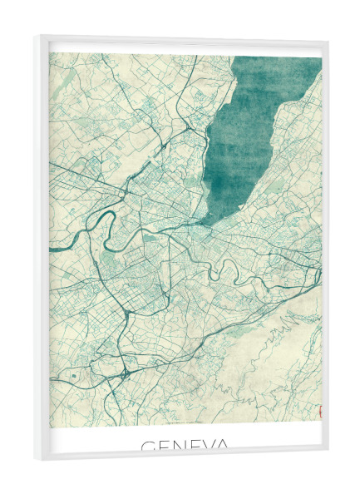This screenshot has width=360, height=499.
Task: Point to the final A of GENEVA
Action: (222, 447)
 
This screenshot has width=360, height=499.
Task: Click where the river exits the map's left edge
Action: (52, 247)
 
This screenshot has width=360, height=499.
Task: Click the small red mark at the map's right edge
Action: (319, 409)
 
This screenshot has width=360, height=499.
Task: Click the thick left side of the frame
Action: (41, 249)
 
